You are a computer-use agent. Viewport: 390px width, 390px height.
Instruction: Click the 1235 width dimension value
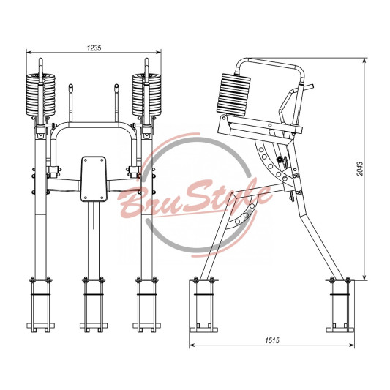coord(94,48)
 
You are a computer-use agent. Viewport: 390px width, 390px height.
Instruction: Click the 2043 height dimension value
coord(360,169)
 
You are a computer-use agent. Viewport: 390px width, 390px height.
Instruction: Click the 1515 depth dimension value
coord(272,340)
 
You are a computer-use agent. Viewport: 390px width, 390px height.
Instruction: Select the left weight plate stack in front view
coord(41,94)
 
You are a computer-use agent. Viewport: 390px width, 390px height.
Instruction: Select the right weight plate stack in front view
coord(147,94)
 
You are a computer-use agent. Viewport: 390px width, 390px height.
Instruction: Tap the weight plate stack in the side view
coord(233,95)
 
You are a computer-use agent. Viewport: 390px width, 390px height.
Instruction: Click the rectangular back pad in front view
coord(94,179)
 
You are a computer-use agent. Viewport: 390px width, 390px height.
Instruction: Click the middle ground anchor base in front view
coord(94,304)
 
